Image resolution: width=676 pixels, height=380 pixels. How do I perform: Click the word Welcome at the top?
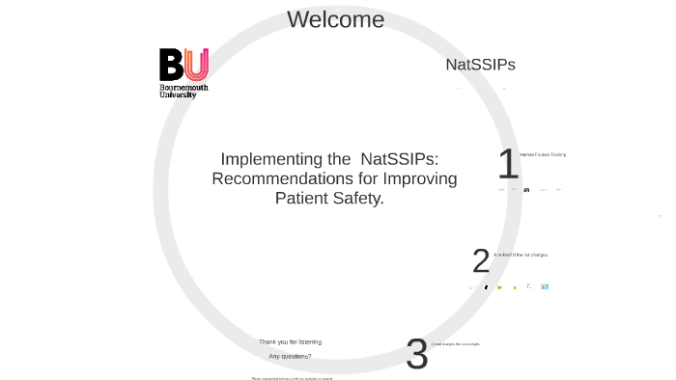(335, 19)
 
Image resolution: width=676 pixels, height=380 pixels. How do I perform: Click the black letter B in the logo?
(171, 65)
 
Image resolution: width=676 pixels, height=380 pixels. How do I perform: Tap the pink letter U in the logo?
(196, 65)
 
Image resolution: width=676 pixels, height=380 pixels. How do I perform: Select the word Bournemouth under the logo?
(183, 88)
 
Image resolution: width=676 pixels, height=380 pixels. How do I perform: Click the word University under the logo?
(178, 95)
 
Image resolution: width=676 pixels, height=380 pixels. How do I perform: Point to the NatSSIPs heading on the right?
(480, 65)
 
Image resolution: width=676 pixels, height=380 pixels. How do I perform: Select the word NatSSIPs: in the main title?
(399, 159)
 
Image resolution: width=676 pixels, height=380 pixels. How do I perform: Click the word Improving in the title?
(420, 178)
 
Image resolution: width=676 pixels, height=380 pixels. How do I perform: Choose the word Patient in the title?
(301, 198)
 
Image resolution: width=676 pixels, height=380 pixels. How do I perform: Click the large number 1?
(508, 164)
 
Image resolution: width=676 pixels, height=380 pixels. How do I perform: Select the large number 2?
(481, 260)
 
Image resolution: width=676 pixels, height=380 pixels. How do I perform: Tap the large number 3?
(416, 354)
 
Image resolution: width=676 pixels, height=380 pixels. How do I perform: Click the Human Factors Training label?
(543, 154)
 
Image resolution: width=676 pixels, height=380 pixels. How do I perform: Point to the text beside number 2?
(521, 255)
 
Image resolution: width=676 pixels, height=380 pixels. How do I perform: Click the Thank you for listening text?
(290, 341)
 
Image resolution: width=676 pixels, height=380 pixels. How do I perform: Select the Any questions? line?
(290, 356)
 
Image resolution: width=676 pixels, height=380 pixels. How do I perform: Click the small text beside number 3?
(455, 344)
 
